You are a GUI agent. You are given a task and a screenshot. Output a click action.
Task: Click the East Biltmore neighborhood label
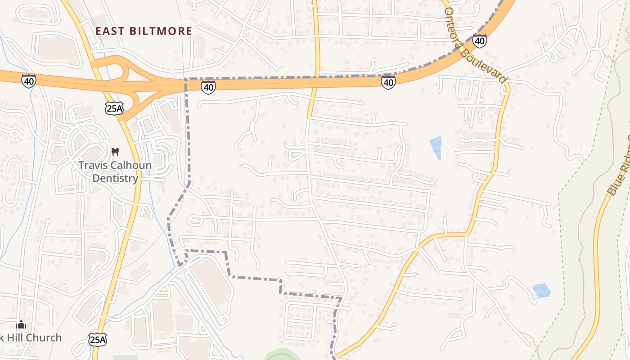pyautogui.click(x=144, y=31)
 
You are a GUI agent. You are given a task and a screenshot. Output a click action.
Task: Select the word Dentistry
pyautogui.click(x=115, y=178)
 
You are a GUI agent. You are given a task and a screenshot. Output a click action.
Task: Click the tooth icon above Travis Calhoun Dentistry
pyautogui.click(x=115, y=152)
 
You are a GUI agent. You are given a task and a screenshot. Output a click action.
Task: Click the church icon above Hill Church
pyautogui.click(x=21, y=324)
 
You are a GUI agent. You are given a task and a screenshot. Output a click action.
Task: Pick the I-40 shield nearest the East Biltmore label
pyautogui.click(x=208, y=87)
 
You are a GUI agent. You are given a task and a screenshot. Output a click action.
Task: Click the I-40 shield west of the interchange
pyautogui.click(x=28, y=81)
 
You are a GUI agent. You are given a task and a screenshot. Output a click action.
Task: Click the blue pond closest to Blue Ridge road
pyautogui.click(x=541, y=290)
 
